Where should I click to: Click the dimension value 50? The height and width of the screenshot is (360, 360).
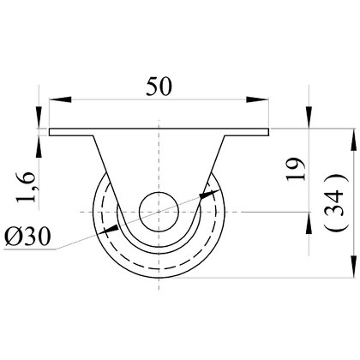159,87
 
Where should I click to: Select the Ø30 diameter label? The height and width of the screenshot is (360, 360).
27,237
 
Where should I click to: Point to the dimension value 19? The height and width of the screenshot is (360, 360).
296,169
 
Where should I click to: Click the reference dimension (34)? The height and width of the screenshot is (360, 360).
336,202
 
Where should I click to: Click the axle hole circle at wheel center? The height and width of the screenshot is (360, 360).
159,212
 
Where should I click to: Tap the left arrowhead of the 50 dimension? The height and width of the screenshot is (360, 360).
60,99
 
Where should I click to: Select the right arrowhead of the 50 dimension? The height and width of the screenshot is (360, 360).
258,99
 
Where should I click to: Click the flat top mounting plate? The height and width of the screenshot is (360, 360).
159,132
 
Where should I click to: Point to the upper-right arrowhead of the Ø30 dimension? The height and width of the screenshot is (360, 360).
210,194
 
